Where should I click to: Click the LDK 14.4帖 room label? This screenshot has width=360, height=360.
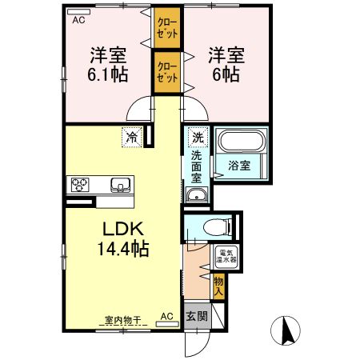123,239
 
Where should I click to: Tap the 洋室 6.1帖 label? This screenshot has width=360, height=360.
108,65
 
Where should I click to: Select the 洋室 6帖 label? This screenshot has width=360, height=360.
226,65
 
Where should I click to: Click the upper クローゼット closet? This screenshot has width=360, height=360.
167,28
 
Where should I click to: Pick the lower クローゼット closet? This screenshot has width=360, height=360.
167,72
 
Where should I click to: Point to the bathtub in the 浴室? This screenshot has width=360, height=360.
242,141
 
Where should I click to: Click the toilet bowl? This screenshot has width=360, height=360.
218,227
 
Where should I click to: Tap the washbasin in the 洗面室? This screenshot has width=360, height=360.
197,194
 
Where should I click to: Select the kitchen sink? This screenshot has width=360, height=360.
121,185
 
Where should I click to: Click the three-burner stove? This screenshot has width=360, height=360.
79,185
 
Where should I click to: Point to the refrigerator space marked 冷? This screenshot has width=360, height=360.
132,138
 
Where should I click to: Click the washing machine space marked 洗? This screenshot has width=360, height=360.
198,138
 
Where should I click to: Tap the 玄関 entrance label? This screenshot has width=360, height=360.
197,317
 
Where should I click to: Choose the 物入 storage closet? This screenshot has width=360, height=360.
218,286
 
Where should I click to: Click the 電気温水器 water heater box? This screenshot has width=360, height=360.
226,256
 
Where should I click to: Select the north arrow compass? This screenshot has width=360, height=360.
286,330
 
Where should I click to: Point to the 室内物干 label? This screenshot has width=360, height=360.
122,320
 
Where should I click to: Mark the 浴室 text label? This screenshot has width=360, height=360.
239,166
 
